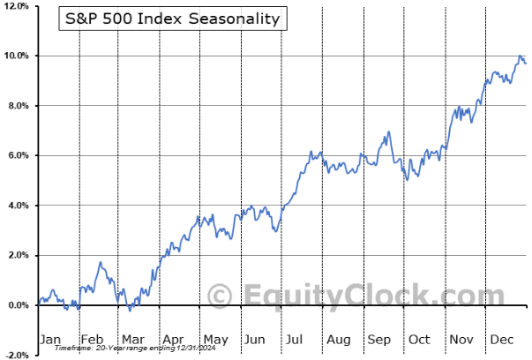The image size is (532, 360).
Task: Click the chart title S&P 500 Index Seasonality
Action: pos(170,18)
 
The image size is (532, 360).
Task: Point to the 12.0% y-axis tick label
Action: pos(17,6)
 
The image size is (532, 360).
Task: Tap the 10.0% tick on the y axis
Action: pos(17,56)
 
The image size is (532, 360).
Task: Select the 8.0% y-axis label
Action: pos(19,106)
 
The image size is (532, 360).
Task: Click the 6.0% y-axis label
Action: pos(19,155)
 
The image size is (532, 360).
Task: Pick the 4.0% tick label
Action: pos(19,206)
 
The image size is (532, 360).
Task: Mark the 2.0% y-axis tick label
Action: pos(19,255)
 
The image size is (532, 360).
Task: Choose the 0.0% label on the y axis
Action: pos(19,305)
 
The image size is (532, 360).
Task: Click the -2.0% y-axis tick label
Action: pos(18,355)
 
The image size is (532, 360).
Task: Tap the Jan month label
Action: pos(51,339)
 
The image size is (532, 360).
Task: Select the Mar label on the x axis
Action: pos(134,339)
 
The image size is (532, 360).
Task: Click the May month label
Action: pos(215,339)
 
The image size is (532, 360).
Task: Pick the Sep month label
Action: pos(379,339)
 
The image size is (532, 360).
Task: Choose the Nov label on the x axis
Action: pos(461,339)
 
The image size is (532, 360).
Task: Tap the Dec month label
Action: pos(504,339)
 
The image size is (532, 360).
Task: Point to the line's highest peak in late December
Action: pos(521,56)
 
